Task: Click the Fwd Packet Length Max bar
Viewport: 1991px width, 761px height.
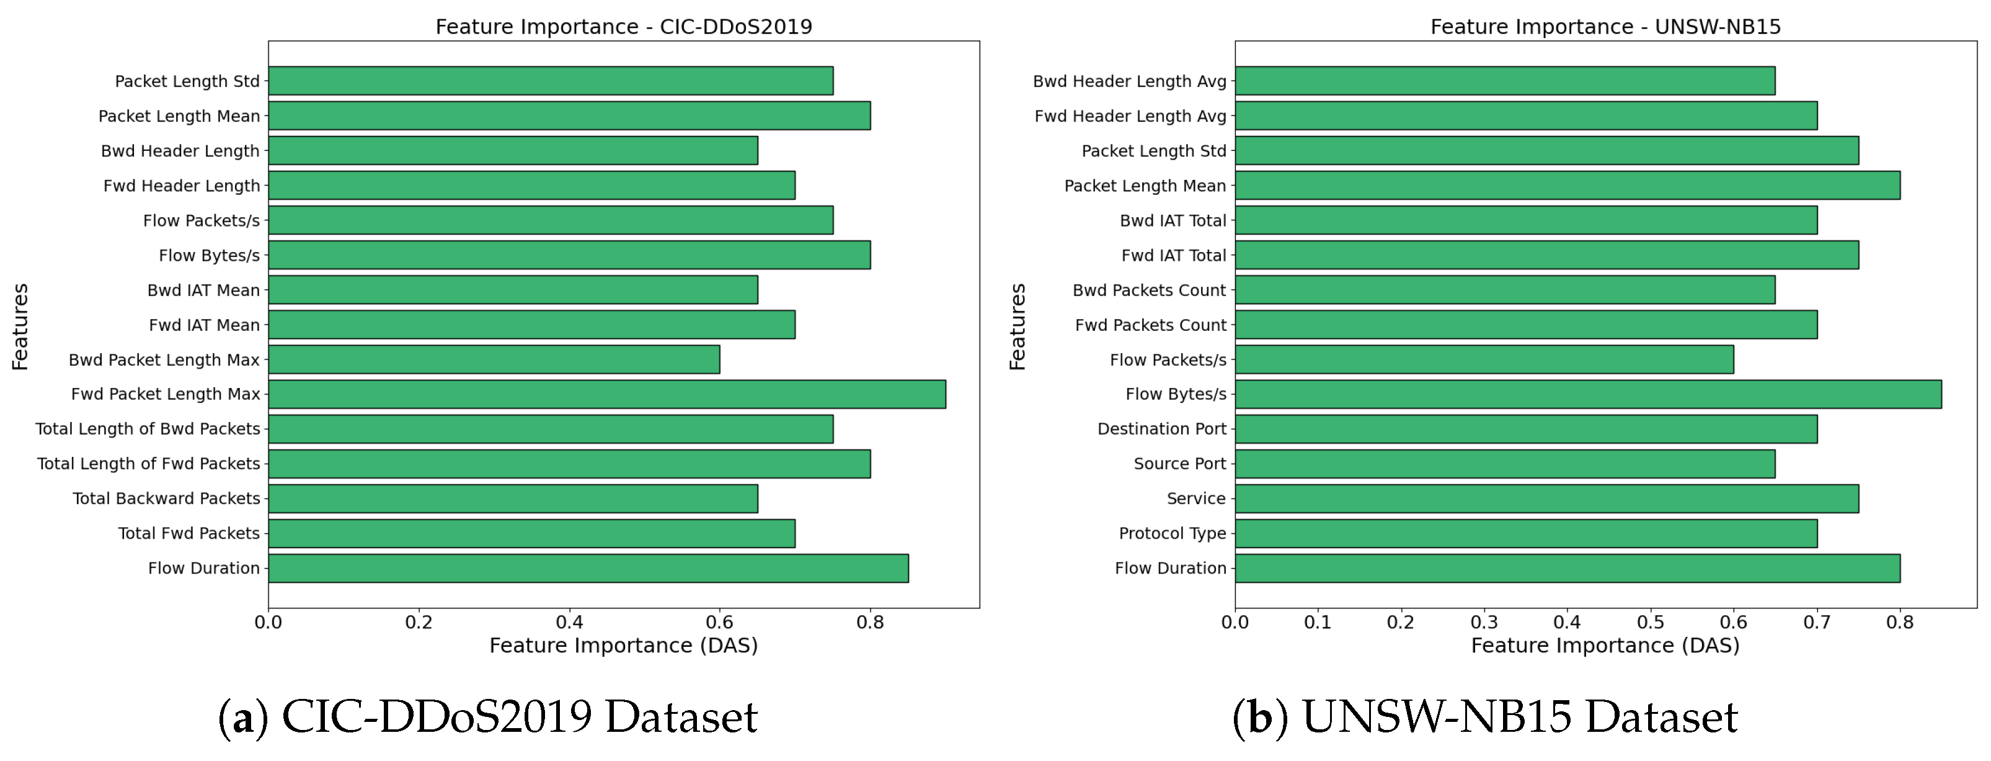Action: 607,394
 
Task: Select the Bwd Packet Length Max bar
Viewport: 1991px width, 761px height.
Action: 494,359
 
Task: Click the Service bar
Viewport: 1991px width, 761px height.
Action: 1546,498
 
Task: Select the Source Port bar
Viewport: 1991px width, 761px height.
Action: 1504,463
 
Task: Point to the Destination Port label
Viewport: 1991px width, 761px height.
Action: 1161,428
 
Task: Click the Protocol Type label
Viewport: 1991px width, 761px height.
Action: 1172,533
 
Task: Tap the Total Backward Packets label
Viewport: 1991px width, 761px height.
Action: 166,498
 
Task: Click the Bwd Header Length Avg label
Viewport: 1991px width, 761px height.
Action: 1129,81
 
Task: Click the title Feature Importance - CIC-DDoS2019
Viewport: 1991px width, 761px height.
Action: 624,27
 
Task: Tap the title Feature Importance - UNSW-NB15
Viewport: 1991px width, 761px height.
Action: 1605,27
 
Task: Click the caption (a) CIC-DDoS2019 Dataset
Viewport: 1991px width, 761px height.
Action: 489,716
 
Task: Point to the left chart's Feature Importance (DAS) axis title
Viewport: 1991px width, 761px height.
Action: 624,645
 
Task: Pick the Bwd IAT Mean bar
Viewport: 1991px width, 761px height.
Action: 512,289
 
